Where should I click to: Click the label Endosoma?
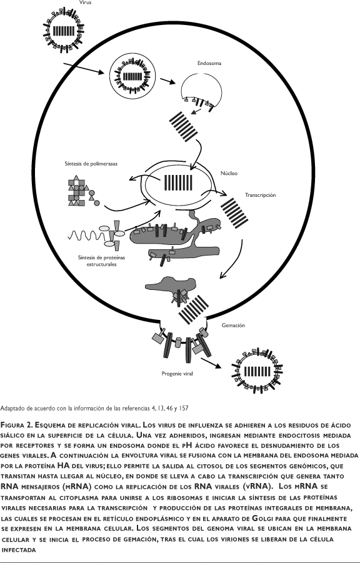pyautogui.click(x=209, y=63)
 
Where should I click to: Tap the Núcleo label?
pyautogui.click(x=229, y=173)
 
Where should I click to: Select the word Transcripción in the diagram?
pyautogui.click(x=261, y=195)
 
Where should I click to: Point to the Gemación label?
pyautogui.click(x=233, y=326)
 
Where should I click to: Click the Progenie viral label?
pyautogui.click(x=177, y=374)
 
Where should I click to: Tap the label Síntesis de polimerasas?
pyautogui.click(x=91, y=164)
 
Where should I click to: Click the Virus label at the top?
pyautogui.click(x=85, y=2)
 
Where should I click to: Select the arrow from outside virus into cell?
pyautogui.click(x=83, y=69)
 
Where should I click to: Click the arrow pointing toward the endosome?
pyautogui.click(x=167, y=81)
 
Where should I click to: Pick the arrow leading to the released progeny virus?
pyautogui.click(x=211, y=362)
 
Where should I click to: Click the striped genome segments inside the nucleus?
pyautogui.click(x=178, y=182)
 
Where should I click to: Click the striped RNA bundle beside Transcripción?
pyautogui.click(x=234, y=212)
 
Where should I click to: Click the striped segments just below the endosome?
pyautogui.click(x=184, y=126)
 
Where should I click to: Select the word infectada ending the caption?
pyautogui.click(x=19, y=550)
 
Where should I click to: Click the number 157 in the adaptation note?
pyautogui.click(x=183, y=408)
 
